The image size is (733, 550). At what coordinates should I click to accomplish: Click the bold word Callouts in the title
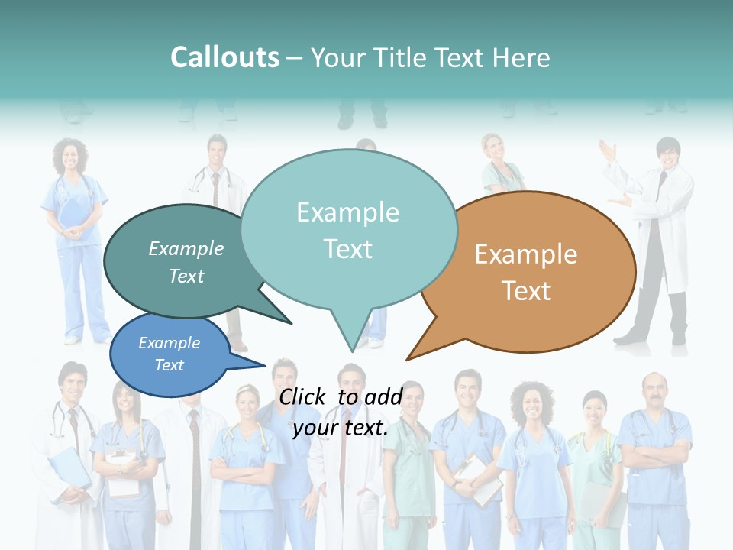224,57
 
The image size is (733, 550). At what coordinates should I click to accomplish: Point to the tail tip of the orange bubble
408,358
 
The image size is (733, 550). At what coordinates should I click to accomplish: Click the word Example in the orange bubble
526,254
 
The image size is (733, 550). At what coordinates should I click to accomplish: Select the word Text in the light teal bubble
348,249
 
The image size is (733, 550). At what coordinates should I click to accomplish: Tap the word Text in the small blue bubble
170,365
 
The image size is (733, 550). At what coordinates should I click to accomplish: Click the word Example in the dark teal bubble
186,248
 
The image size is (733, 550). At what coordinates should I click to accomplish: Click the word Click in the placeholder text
304,396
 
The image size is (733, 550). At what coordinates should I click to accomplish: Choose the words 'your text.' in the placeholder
341,428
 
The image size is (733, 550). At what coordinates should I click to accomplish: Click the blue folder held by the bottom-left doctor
69,466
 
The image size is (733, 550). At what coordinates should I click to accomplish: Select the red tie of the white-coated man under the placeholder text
344,443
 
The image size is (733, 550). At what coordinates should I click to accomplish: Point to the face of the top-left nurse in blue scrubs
70,158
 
